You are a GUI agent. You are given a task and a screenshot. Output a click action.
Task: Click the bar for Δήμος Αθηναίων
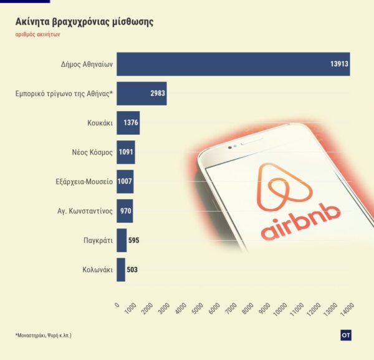coord(231,64)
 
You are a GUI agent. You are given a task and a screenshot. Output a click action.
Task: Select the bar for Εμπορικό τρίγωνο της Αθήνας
coord(141,94)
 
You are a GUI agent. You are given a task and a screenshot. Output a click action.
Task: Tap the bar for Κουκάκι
coord(128,123)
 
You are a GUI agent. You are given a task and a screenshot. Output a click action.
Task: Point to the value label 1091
coord(126,152)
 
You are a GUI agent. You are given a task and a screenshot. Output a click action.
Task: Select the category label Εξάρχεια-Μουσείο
coord(84,182)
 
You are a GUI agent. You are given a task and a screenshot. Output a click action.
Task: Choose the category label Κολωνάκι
coord(97,270)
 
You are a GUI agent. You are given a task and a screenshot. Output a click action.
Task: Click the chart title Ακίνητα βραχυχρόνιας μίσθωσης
coord(84,22)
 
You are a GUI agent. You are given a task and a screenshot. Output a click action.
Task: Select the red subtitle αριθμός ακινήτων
coord(38,35)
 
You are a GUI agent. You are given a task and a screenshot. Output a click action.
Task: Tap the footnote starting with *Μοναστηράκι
coord(43,336)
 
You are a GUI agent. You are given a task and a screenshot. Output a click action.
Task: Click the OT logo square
coord(347,335)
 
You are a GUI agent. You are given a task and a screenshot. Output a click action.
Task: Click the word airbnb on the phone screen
coord(300,229)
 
